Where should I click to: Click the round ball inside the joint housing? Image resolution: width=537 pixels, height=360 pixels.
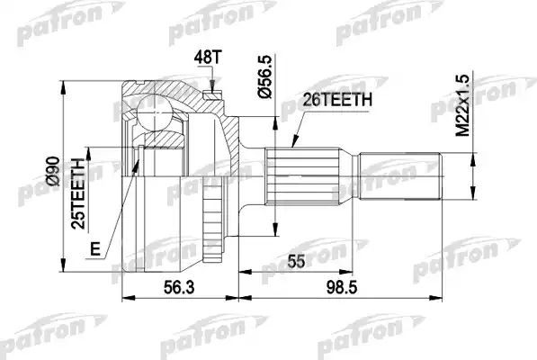pyautogui.click(x=158, y=113)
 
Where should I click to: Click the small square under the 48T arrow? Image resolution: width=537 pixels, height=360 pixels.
pyautogui.click(x=212, y=92)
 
